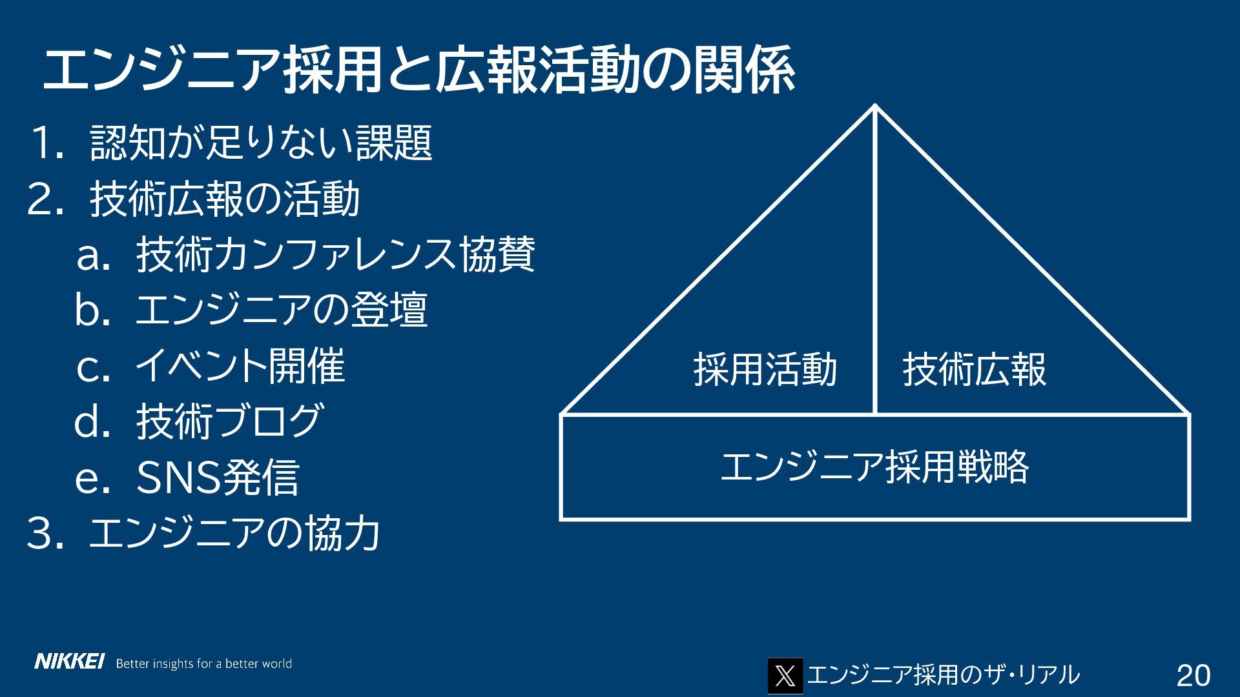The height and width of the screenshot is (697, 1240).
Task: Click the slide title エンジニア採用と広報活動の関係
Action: pos(418,71)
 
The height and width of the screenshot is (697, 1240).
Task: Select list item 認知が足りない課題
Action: pos(261,143)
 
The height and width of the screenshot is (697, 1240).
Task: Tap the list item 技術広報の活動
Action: pos(225,199)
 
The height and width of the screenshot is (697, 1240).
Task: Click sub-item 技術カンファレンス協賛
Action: pos(335,255)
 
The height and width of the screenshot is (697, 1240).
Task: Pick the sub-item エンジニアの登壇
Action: pos(281,310)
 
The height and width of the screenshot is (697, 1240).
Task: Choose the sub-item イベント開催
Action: pos(240,366)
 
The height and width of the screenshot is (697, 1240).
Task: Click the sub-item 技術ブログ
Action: pos(229,421)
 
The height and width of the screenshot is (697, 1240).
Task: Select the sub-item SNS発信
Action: pos(218,478)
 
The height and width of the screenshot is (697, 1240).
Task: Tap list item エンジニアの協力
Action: pos(234,534)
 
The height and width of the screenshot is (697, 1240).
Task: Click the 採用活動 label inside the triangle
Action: pos(765,370)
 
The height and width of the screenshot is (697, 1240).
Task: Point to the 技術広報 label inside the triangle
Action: pos(974,370)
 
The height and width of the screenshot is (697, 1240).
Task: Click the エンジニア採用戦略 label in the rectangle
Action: pos(874,467)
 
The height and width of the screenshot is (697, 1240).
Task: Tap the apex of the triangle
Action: pos(875,106)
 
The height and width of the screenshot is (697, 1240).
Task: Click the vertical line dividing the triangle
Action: pos(875,258)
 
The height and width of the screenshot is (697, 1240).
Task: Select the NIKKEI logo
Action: pos(69,662)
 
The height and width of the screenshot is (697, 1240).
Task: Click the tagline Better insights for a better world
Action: pos(203,663)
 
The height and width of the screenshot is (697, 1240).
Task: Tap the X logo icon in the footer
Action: pos(785,676)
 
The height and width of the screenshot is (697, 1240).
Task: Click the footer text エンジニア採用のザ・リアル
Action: pos(943,675)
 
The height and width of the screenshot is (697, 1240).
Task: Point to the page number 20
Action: pos(1193,676)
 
